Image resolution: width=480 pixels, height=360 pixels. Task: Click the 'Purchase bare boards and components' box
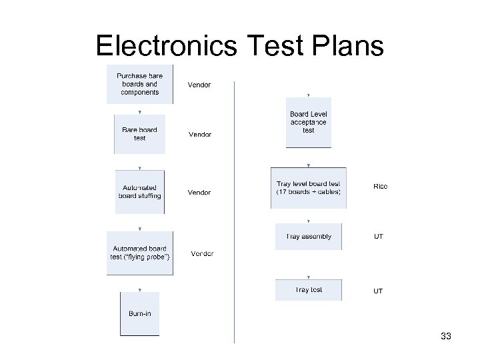pos(140,84)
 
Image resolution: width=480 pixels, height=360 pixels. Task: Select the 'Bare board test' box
pos(139,133)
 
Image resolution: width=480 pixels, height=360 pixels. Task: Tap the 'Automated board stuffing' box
pos(139,191)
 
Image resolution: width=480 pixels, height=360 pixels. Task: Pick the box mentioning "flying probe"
pos(140,253)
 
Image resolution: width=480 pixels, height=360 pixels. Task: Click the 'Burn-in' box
pos(139,313)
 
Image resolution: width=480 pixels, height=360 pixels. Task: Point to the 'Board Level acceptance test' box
pos(308,123)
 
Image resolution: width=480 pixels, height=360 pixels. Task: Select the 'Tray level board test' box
pos(308,188)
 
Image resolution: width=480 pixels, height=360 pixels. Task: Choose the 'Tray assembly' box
pos(308,237)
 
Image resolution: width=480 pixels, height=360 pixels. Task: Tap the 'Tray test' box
pos(308,290)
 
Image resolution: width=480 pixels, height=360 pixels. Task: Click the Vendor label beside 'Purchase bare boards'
pos(200,85)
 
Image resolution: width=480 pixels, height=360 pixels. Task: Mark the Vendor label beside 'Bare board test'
pos(200,135)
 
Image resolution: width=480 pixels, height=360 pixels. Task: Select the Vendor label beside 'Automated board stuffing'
pos(199,193)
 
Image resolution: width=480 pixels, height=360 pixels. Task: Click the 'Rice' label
pos(380,187)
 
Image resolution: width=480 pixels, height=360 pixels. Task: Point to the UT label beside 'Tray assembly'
pos(378,237)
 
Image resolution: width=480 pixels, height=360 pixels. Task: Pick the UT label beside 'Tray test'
pos(378,291)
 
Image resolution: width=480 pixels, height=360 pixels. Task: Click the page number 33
pos(446,337)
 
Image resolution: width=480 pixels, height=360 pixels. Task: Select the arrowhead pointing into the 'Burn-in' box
pos(139,289)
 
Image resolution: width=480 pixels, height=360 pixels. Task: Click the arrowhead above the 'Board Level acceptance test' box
pos(308,95)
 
